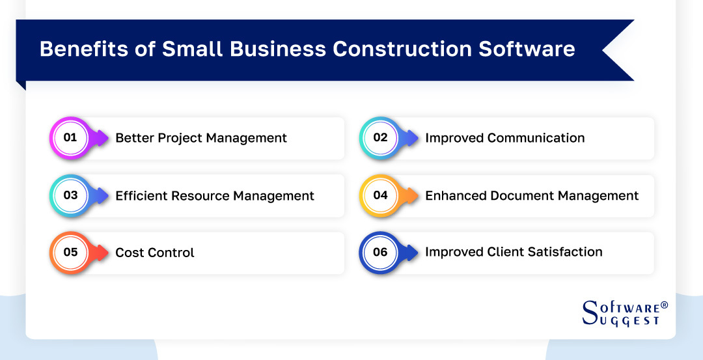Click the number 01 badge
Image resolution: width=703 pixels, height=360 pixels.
click(70, 137)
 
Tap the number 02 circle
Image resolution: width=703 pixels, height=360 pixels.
click(380, 137)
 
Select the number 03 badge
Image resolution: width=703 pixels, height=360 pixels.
click(70, 195)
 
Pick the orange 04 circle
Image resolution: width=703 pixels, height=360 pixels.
click(380, 195)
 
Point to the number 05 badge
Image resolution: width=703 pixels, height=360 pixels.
click(70, 253)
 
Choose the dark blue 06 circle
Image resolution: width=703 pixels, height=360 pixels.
click(380, 253)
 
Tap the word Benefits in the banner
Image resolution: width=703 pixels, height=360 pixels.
click(84, 49)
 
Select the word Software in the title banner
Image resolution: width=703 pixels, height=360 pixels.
click(527, 49)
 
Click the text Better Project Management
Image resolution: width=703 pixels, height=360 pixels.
click(201, 138)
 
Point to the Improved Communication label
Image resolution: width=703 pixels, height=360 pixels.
click(505, 138)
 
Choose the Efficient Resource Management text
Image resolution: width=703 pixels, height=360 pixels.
click(215, 196)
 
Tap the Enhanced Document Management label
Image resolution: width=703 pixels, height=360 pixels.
click(532, 196)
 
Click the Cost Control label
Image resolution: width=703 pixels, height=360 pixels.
click(155, 253)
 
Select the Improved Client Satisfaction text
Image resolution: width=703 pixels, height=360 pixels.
click(514, 252)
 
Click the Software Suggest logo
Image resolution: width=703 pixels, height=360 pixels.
click(625, 313)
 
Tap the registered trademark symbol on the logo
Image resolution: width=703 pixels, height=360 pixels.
click(665, 305)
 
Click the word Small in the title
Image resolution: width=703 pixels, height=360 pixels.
click(192, 49)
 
